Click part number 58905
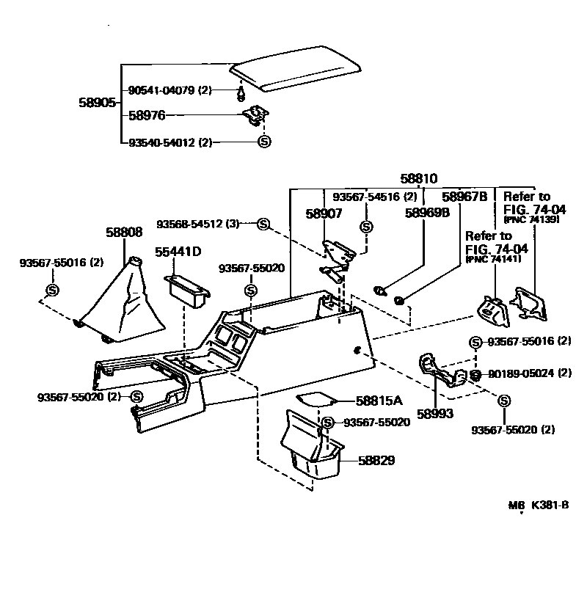tap(97, 103)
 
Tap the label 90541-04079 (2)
tap(169, 90)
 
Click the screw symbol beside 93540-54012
tap(265, 142)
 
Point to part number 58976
tap(147, 115)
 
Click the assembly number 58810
tap(418, 178)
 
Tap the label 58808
tap(124, 232)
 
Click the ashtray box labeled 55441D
tap(189, 291)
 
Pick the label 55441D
tap(178, 252)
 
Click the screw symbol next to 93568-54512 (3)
tap(263, 223)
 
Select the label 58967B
tap(464, 197)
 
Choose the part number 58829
tap(376, 461)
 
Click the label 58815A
tap(379, 401)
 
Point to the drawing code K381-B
tap(550, 505)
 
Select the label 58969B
tap(429, 213)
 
